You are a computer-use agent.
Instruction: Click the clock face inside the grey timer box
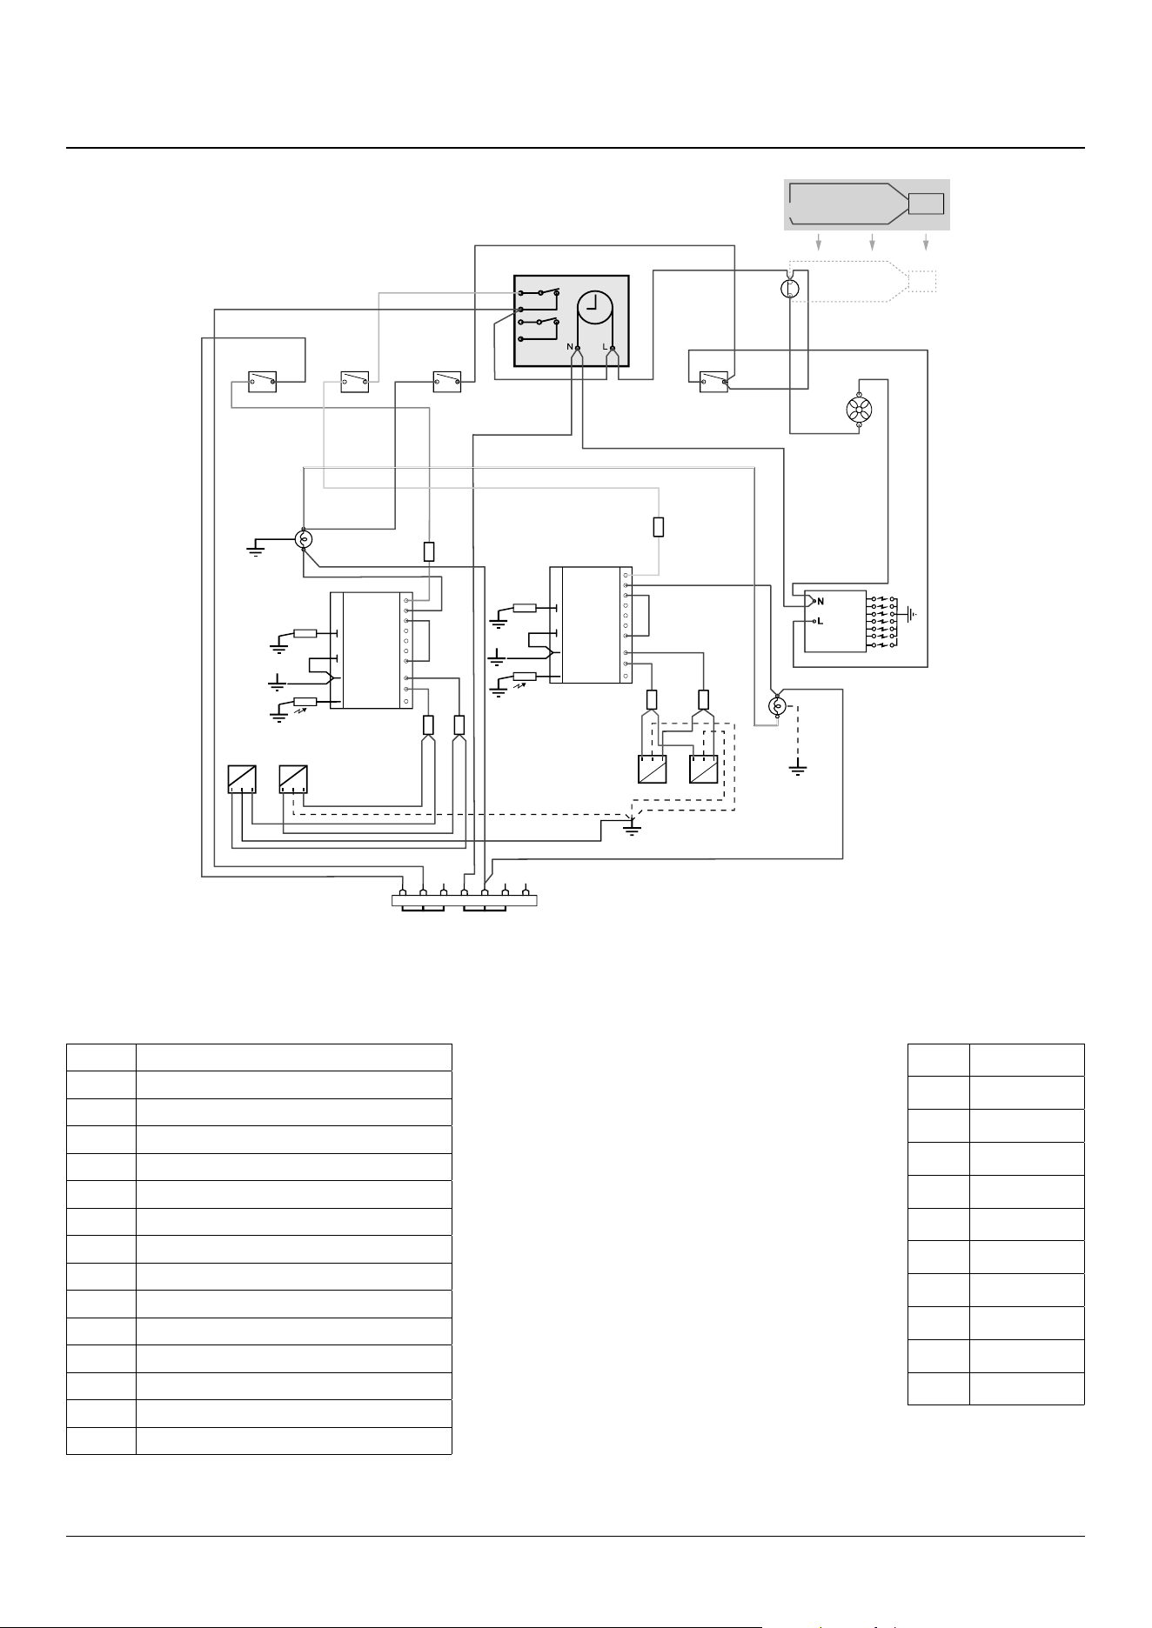click(595, 307)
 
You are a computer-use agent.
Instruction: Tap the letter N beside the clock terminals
click(571, 346)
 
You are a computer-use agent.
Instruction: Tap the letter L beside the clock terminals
click(605, 346)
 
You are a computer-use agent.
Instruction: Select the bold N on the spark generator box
click(820, 601)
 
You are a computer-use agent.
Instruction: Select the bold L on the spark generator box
click(820, 621)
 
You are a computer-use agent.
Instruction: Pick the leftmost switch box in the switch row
click(262, 382)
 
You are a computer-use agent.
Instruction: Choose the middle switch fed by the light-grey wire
click(354, 382)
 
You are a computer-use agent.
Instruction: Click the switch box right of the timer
click(714, 382)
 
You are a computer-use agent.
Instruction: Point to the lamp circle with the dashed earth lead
click(779, 705)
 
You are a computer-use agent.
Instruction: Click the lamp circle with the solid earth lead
click(303, 539)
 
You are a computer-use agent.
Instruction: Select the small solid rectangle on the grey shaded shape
click(926, 203)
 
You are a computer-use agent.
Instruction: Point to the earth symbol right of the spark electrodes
click(912, 614)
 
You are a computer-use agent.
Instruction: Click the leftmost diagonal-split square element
click(241, 778)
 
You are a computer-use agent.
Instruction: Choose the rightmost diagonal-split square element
click(704, 770)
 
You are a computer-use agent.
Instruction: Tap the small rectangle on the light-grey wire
click(659, 526)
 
